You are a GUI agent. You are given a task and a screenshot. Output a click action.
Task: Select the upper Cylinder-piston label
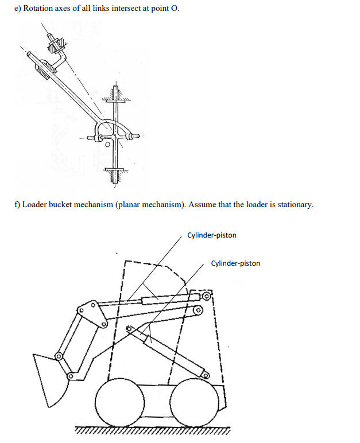tap(211, 235)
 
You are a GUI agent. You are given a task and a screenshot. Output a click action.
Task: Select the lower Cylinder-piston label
tap(235, 263)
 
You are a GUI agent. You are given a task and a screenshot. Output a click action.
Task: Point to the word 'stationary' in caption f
tap(294, 205)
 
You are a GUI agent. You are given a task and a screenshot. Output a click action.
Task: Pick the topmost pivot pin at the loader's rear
tap(206, 297)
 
